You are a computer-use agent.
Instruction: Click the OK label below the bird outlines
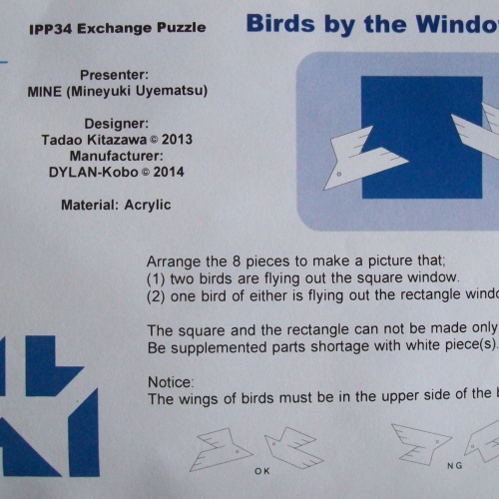(x=262, y=469)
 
